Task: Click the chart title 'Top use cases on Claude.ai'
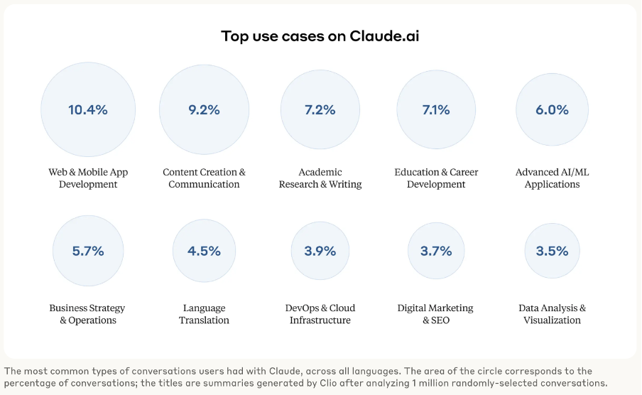pos(320,36)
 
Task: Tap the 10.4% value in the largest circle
pos(88,109)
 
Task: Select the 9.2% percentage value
pos(204,109)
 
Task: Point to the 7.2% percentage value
pos(320,109)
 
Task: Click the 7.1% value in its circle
pos(436,109)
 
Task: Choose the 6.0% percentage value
pos(552,109)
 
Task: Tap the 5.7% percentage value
pos(88,251)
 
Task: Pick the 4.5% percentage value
pos(204,251)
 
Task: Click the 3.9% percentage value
pos(320,251)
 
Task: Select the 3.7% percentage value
pos(436,251)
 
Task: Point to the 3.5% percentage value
pos(552,251)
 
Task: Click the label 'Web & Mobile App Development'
pos(88,178)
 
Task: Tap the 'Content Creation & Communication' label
pos(204,178)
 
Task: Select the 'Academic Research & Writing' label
pos(320,178)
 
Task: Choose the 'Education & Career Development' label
pos(436,178)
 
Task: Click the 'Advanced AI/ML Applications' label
pos(552,178)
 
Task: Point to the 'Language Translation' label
pos(204,314)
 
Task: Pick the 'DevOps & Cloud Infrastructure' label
pos(320,314)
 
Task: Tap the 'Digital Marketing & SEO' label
pos(436,314)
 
